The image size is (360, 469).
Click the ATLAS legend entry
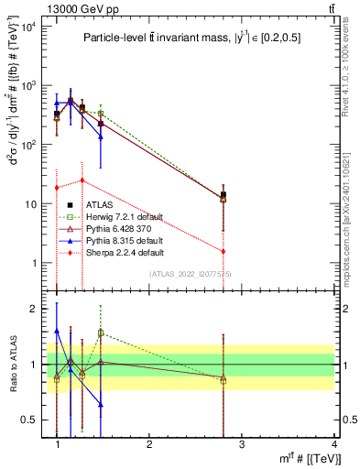coord(101,204)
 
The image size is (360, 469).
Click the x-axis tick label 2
coord(149,442)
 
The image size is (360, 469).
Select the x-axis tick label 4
coord(333,442)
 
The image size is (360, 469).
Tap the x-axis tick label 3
coord(242,442)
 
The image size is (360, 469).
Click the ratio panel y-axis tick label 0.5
coord(36,420)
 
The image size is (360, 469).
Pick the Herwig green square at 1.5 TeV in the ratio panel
coord(101,333)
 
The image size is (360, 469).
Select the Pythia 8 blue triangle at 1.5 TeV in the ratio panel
coord(101,404)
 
